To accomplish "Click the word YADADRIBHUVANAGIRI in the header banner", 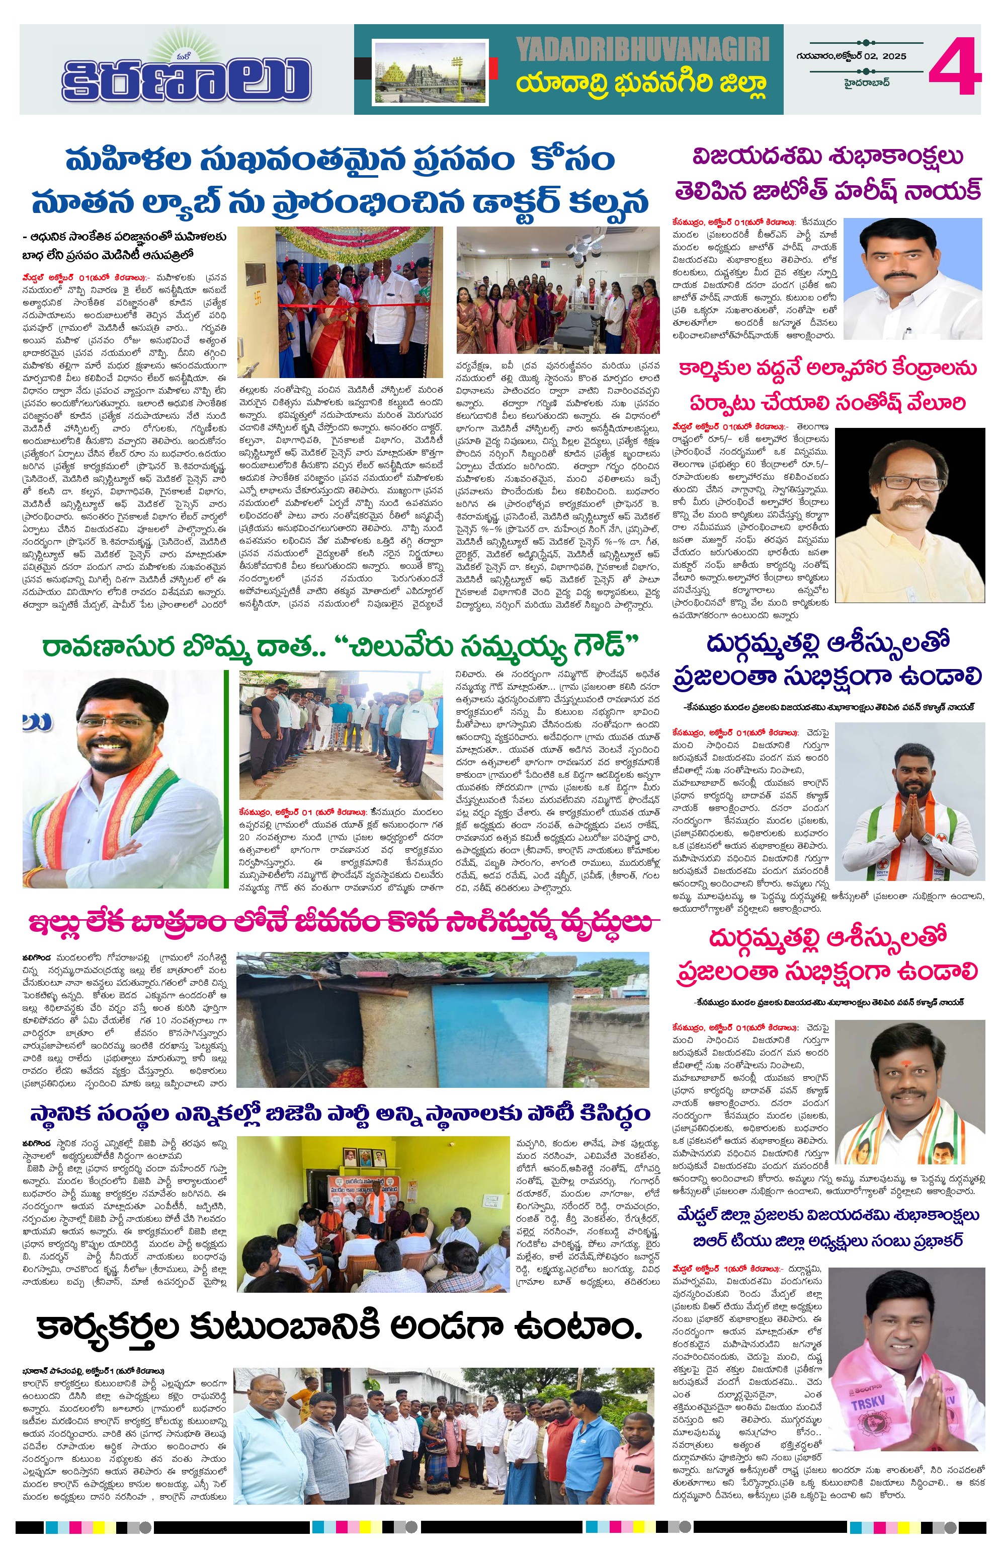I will [x=642, y=49].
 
